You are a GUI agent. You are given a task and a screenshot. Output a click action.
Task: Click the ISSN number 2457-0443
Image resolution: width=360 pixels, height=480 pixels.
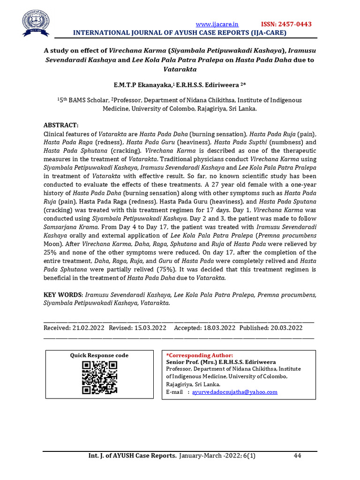[286, 24]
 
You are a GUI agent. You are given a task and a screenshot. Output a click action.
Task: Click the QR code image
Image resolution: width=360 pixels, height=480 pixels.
[99, 377]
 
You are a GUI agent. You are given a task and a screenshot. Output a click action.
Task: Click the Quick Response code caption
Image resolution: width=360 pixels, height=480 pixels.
[99, 355]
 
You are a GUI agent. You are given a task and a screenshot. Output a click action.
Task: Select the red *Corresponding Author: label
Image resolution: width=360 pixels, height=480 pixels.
[199, 355]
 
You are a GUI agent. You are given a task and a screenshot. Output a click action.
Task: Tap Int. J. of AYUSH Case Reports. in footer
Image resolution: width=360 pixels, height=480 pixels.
[133, 456]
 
